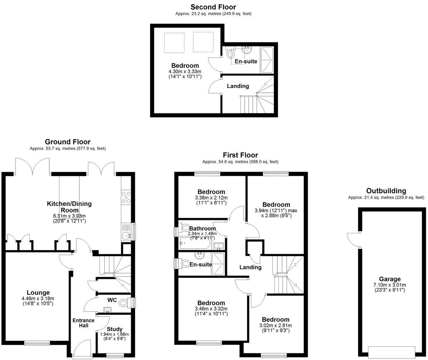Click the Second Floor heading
click(213, 7)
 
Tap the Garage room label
click(390, 279)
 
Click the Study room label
click(114, 329)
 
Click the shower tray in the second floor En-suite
click(267, 60)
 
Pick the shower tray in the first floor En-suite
click(218, 264)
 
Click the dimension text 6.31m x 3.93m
click(69, 216)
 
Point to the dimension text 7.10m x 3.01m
click(390, 285)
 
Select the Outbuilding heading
click(386, 191)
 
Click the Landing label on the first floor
click(250, 267)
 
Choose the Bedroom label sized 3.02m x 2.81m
click(276, 319)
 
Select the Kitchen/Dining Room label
click(69, 206)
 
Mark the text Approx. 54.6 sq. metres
click(221, 162)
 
